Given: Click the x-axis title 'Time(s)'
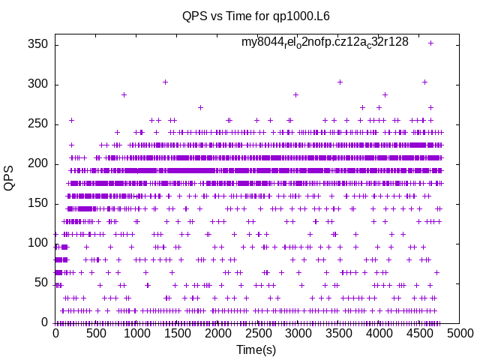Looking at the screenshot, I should (256, 349).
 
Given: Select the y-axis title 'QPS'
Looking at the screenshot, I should (10, 178).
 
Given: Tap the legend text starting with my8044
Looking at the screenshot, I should (325, 42).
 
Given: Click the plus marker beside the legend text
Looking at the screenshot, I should (430, 43).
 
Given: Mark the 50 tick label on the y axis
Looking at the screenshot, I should (40, 283).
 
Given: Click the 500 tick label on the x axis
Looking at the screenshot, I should (96, 333).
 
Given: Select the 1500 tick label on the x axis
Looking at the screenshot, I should (177, 333).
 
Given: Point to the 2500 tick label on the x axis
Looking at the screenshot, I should (258, 333).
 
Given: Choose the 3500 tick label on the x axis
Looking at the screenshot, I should (339, 333).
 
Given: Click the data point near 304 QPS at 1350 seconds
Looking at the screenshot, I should (165, 82).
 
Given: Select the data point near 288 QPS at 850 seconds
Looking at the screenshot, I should (124, 94).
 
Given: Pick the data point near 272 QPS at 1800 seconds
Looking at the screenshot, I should (200, 107).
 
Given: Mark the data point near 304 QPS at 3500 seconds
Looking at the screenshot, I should (340, 82).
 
